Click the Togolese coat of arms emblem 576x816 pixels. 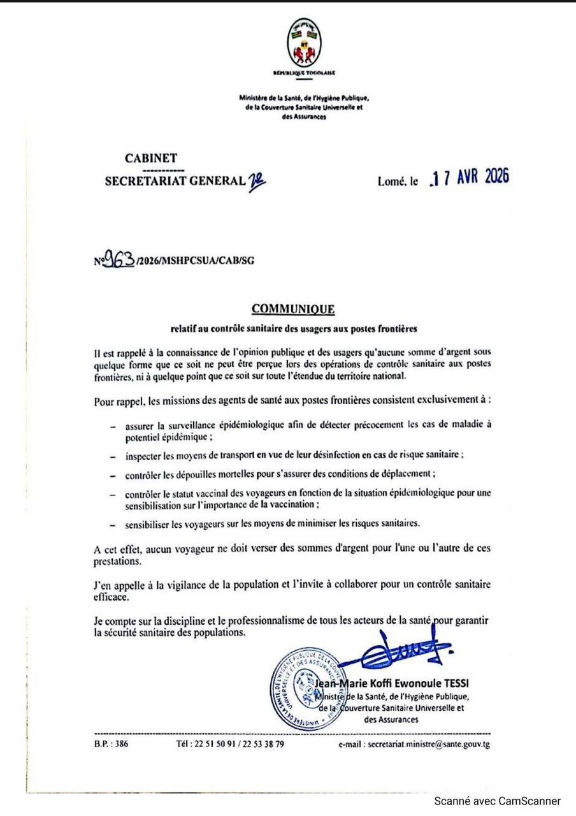point(303,45)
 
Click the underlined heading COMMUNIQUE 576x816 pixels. point(292,310)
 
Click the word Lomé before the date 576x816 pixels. point(392,182)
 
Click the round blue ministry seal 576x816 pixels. point(308,689)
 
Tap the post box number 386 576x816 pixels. point(119,744)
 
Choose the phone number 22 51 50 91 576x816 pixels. point(210,744)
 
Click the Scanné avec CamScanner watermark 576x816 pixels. point(497,801)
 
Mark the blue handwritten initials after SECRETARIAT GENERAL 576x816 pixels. point(257,181)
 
